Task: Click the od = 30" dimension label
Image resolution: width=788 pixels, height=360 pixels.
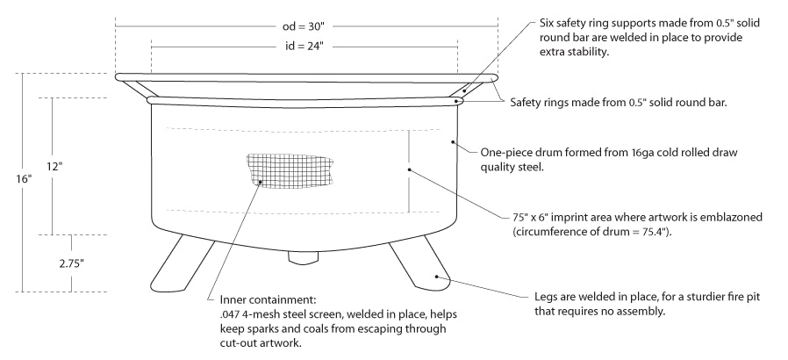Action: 304,25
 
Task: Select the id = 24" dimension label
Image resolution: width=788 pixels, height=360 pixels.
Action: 304,43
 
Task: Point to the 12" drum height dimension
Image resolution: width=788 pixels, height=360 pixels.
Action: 54,165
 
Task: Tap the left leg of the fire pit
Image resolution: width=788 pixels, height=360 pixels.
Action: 181,263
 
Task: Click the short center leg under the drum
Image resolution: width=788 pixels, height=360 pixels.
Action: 303,258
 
